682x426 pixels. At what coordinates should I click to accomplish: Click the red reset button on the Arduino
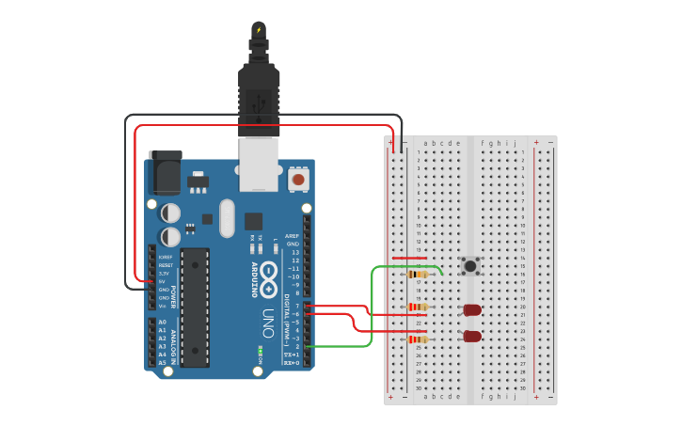299,179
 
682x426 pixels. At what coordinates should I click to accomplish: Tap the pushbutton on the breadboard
470,266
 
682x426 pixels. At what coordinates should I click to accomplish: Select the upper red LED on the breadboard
472,309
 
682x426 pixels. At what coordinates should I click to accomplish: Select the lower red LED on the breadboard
472,336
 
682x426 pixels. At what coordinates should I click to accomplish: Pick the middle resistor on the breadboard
419,307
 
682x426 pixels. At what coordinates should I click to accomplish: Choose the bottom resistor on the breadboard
419,339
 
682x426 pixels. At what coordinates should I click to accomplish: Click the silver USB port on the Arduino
260,165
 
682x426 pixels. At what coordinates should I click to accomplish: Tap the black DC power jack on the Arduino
164,175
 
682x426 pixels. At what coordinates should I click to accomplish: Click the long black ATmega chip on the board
195,307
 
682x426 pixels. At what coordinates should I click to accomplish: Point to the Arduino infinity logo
268,274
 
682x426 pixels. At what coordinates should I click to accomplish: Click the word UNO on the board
268,316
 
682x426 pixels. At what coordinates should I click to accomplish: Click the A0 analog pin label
162,323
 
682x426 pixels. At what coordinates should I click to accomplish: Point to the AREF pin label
293,237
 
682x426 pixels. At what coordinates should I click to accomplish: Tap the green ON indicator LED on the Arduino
260,354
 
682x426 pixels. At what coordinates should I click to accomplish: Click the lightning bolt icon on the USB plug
258,30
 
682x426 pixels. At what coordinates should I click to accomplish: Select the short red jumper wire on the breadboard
410,258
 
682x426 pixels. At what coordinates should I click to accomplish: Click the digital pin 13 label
295,253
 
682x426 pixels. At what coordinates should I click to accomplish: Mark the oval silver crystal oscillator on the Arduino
226,218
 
